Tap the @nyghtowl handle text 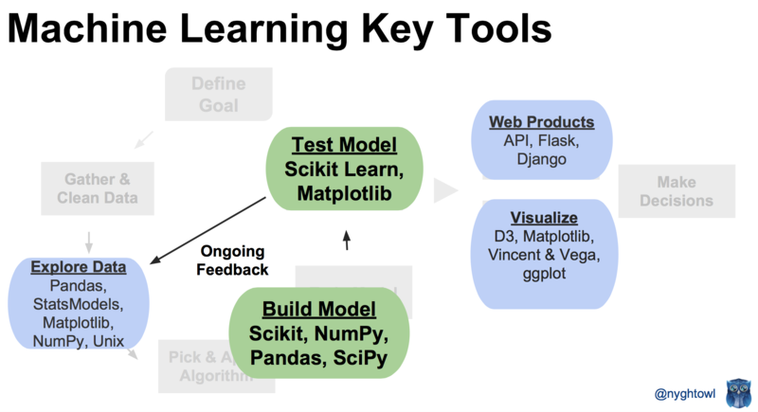coord(682,391)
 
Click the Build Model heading coord(318,309)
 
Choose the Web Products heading coord(541,122)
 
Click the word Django coord(542,160)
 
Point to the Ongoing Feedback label coord(232,260)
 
